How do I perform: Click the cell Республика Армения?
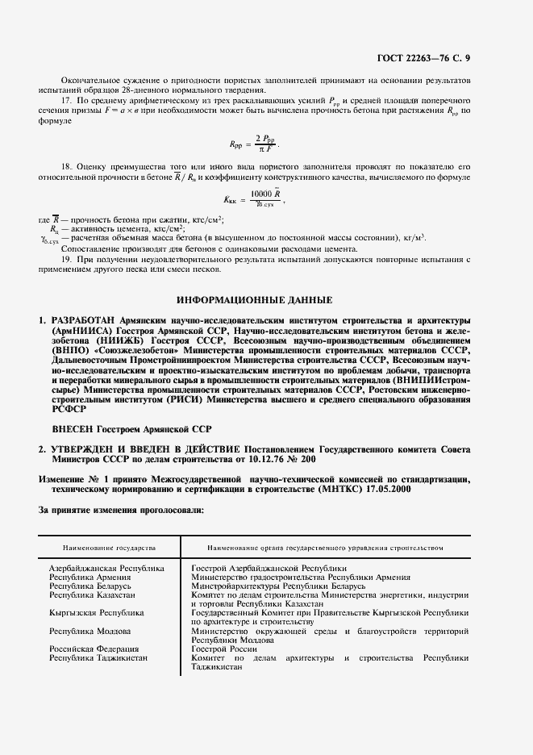click(90, 578)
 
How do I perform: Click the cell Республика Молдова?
click(90, 631)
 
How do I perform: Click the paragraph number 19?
click(66, 261)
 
